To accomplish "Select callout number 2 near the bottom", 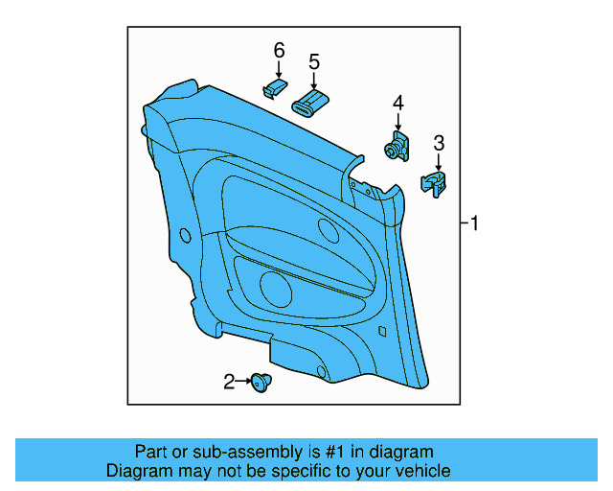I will [x=229, y=383].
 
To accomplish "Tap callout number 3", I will [x=439, y=143].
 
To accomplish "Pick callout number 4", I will [x=397, y=103].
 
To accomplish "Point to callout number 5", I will [x=313, y=62].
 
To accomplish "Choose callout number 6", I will [x=279, y=49].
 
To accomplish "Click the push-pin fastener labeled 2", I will [x=260, y=383].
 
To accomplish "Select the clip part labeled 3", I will [x=435, y=182].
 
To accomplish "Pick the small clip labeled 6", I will [x=274, y=89].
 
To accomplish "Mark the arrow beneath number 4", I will [x=397, y=121].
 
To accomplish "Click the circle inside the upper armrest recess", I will [x=328, y=230].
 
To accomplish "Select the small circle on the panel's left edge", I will [x=184, y=235].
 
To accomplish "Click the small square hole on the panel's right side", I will [x=382, y=332].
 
